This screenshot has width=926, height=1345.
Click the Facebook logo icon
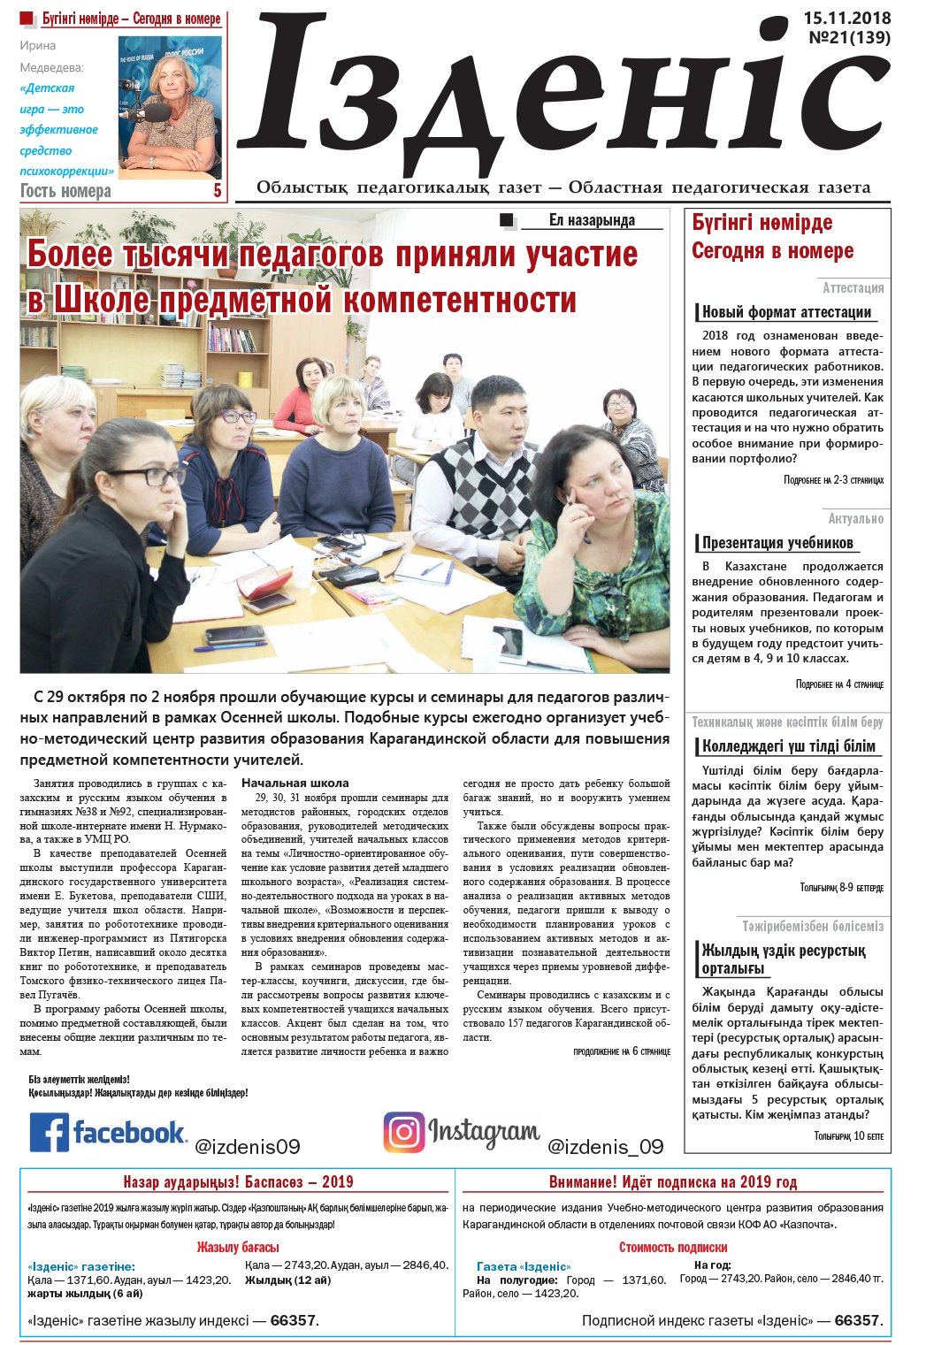pyautogui.click(x=50, y=1132)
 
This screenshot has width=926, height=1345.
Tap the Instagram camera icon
pyautogui.click(x=403, y=1132)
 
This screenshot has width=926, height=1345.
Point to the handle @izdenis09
pyautogui.click(x=247, y=1147)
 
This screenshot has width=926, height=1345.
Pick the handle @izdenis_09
pyautogui.click(x=605, y=1147)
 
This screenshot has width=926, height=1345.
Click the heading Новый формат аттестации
pyautogui.click(x=786, y=312)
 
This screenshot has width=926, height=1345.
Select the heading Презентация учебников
pyautogui.click(x=777, y=543)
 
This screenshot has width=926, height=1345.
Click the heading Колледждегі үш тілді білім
pyautogui.click(x=788, y=746)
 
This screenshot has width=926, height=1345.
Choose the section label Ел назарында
pyautogui.click(x=592, y=221)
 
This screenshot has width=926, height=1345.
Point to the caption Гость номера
pyautogui.click(x=65, y=191)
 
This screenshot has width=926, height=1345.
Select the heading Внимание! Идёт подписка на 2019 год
pyautogui.click(x=672, y=1182)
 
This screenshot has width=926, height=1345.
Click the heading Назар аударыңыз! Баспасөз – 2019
pyautogui.click(x=238, y=1182)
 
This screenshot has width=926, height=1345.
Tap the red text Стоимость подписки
pyautogui.click(x=673, y=1248)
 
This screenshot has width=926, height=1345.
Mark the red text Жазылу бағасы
pyautogui.click(x=238, y=1248)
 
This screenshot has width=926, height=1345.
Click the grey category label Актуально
pyautogui.click(x=855, y=519)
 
